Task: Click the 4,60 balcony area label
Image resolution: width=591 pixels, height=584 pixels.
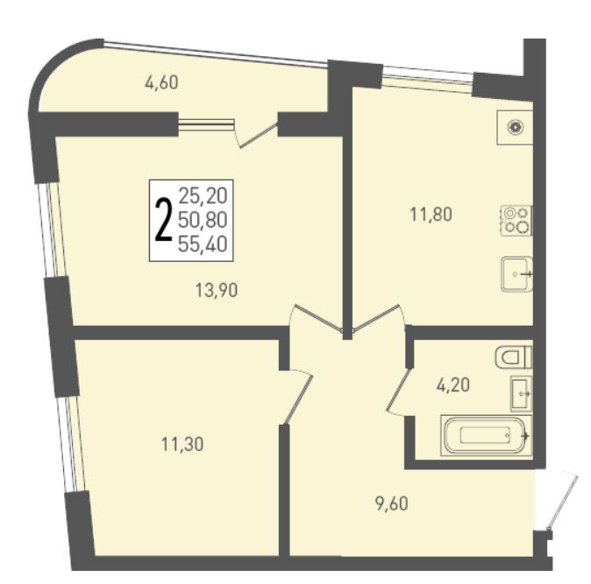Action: tap(161, 83)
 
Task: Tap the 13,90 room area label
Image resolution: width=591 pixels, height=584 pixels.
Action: tap(217, 291)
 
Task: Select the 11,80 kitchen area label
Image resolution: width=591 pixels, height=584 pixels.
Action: tap(431, 215)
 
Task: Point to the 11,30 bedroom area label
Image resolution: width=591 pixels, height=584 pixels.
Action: tap(182, 445)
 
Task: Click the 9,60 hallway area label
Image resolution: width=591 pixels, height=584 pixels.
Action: tap(392, 503)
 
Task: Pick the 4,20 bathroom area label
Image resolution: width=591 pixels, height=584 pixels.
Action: tap(453, 385)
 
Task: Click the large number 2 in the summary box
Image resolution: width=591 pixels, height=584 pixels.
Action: tap(164, 220)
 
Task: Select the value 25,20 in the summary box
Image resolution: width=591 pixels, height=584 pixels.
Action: tap(203, 196)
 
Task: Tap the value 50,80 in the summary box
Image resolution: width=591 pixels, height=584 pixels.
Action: tap(203, 220)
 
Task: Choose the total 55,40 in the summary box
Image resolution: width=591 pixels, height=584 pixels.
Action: tap(203, 244)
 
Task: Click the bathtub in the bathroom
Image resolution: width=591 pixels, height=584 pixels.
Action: tap(487, 436)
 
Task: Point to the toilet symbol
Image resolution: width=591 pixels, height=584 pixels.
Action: tap(513, 357)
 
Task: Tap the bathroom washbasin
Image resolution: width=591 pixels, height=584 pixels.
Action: tap(521, 393)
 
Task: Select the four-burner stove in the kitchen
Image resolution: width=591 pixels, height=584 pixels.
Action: tap(516, 221)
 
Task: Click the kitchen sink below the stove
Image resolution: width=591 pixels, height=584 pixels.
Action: tap(516, 274)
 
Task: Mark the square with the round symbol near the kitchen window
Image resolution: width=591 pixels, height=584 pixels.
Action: tap(515, 128)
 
